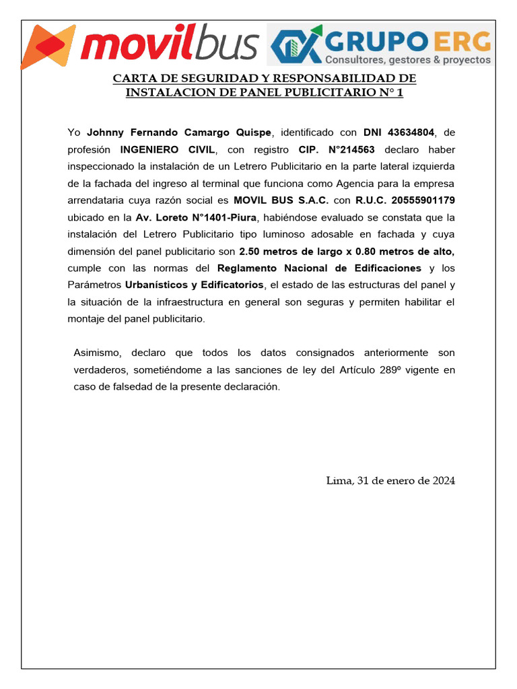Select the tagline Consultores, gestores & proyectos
coord(409,60)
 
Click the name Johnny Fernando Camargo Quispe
coord(179,131)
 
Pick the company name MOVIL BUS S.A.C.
coord(281,200)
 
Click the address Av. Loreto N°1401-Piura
coord(196,217)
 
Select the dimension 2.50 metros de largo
coord(294,251)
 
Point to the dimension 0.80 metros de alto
coord(409,251)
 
